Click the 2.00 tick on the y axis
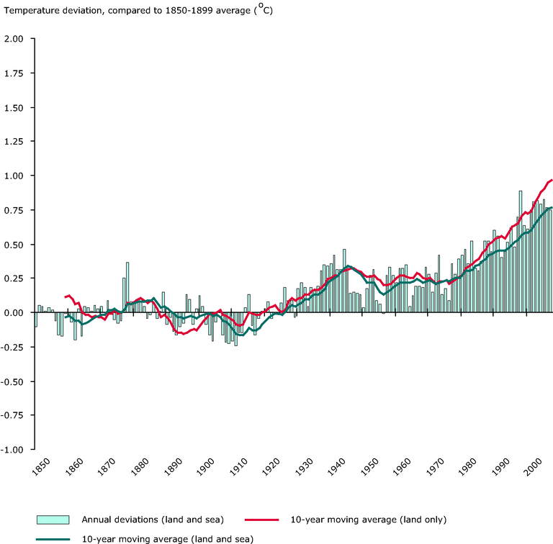pyautogui.click(x=14, y=39)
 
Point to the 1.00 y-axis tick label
pyautogui.click(x=14, y=176)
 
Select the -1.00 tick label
pyautogui.click(x=13, y=450)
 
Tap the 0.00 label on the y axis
pyautogui.click(x=14, y=313)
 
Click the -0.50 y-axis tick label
pyautogui.click(x=13, y=381)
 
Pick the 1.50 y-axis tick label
pyautogui.click(x=14, y=107)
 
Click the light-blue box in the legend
pyautogui.click(x=53, y=520)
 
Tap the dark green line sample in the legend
pyautogui.click(x=53, y=538)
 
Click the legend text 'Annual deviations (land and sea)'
pyautogui.click(x=151, y=520)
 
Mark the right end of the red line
pyautogui.click(x=552, y=179)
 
